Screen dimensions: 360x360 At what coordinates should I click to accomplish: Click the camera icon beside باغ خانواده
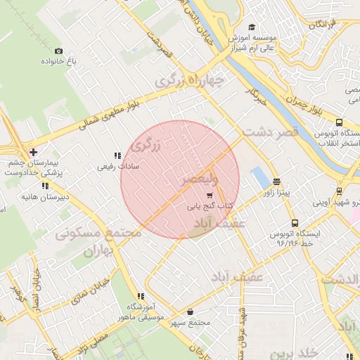click(x=58, y=51)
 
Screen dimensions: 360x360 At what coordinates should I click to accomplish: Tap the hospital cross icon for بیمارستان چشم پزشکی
click(x=33, y=152)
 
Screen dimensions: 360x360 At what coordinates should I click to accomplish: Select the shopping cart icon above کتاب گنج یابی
click(x=209, y=195)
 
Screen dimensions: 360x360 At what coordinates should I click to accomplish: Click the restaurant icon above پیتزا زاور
click(x=276, y=180)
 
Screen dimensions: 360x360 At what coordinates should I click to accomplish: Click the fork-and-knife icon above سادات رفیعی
click(x=117, y=156)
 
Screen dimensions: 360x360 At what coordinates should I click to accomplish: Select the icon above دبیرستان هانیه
click(x=45, y=186)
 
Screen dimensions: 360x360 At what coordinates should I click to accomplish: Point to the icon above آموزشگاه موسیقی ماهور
click(x=141, y=297)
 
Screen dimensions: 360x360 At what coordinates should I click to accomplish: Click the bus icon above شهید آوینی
click(x=340, y=191)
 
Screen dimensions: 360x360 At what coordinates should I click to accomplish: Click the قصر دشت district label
click(x=271, y=131)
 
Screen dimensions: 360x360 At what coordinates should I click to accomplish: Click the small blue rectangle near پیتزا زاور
click(x=259, y=176)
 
